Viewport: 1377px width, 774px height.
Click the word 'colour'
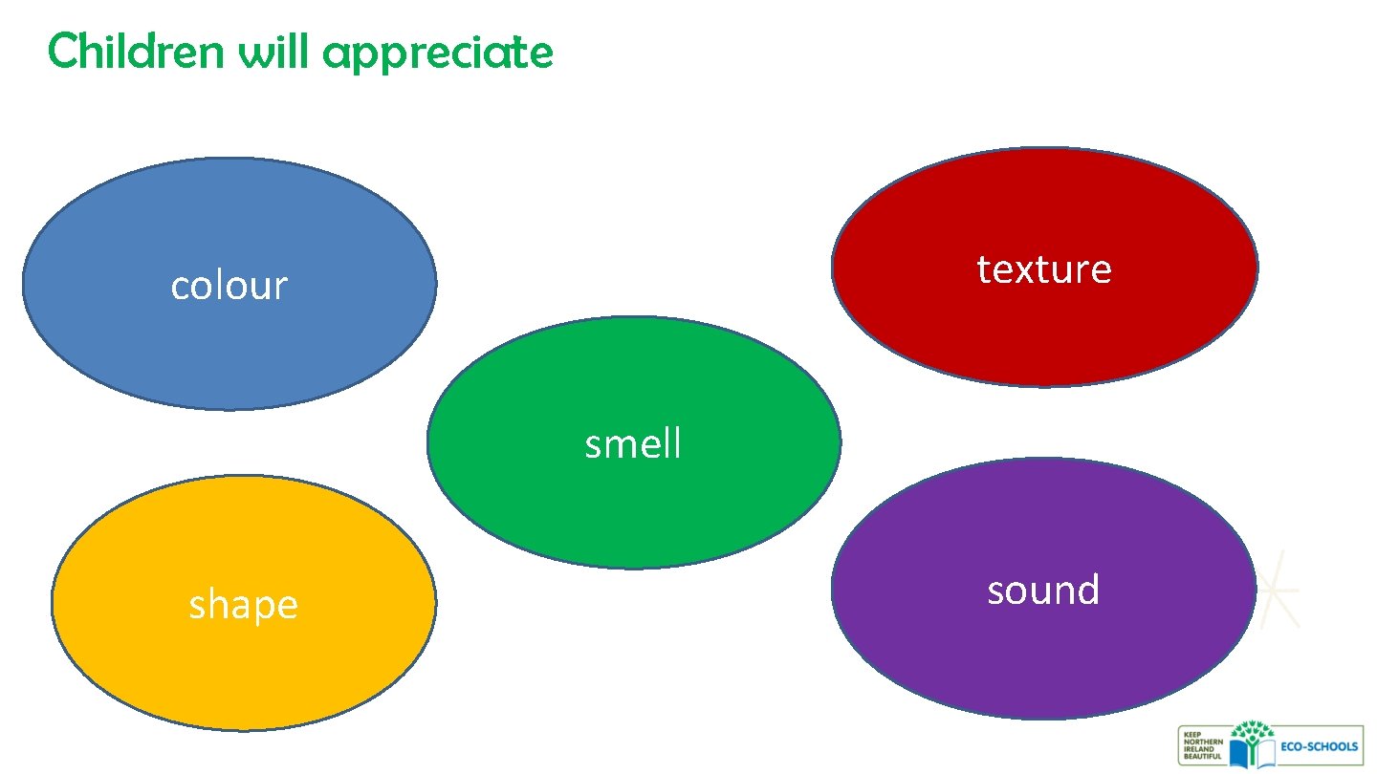pos(229,286)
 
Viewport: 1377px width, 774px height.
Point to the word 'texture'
pos(1044,269)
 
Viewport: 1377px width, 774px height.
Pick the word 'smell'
pos(633,444)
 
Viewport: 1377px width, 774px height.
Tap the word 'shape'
pos(243,606)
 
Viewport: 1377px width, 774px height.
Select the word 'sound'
pos(1043,591)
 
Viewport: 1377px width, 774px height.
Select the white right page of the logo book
pos(1264,754)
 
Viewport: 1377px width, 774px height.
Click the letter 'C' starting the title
pos(61,52)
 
